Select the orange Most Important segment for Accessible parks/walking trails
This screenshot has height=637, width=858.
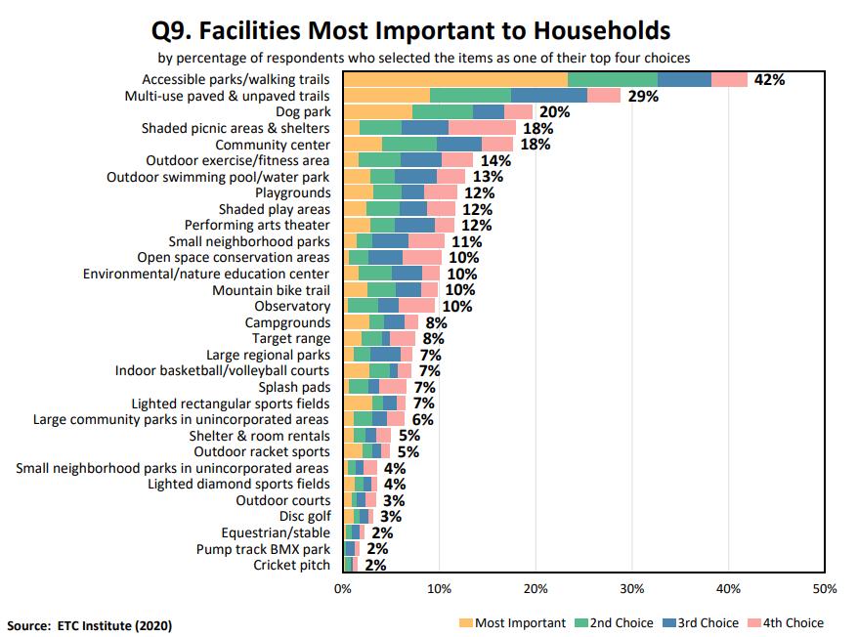coord(455,80)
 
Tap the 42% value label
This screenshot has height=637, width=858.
coord(769,80)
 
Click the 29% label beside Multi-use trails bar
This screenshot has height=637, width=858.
coord(643,96)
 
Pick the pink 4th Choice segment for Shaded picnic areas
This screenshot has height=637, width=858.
coord(482,128)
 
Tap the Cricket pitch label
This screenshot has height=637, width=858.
coord(291,565)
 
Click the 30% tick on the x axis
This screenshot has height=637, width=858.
coord(632,589)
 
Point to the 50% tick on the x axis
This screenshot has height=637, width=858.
coord(824,589)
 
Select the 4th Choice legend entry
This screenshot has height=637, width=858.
coord(785,622)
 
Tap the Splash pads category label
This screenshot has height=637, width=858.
coord(294,387)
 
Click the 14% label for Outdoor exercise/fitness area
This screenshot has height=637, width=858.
coord(496,160)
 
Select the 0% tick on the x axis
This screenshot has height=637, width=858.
coord(342,589)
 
